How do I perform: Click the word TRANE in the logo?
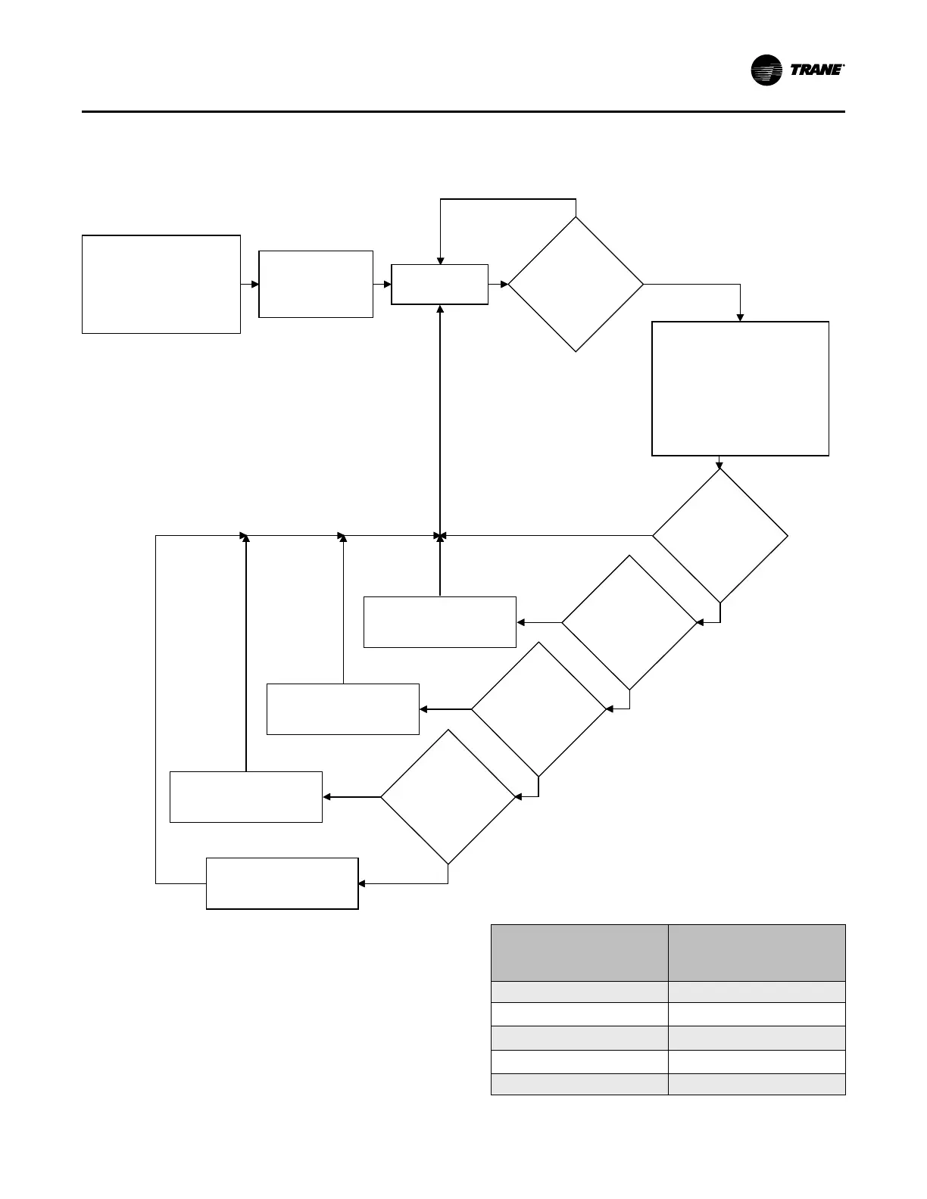[816, 70]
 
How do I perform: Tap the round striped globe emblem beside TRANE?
[766, 70]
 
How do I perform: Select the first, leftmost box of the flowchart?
[161, 284]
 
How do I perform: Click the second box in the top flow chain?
[316, 284]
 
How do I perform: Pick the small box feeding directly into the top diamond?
[439, 284]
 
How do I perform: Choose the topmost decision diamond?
[576, 284]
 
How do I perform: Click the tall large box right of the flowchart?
[740, 388]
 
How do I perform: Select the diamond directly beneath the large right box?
[719, 536]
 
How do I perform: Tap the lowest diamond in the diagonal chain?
[448, 796]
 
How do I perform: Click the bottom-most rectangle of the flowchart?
[282, 883]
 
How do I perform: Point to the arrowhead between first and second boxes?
[255, 284]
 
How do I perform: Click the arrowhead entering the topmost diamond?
[504, 284]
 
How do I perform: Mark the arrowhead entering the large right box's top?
[740, 318]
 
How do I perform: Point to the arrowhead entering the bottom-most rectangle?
[362, 883]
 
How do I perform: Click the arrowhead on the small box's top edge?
[440, 261]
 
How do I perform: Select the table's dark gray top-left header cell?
[579, 952]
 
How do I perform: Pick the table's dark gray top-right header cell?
[757, 952]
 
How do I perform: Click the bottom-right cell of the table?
[757, 1084]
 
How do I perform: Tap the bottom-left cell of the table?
[579, 1084]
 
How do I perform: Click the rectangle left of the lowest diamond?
[246, 796]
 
